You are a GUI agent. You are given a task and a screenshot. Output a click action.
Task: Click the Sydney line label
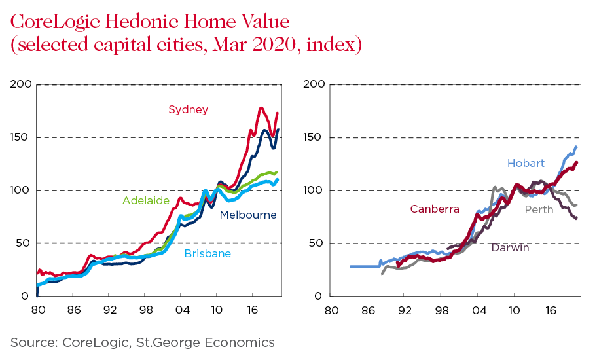189,109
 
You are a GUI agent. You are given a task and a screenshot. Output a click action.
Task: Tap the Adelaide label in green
146,200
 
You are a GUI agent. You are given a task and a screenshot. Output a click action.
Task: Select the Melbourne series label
248,215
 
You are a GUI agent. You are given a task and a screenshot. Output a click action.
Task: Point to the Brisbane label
208,253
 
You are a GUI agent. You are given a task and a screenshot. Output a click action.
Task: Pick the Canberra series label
435,209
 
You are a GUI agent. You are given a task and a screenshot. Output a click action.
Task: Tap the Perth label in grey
539,209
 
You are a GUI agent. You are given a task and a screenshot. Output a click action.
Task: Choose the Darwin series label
510,248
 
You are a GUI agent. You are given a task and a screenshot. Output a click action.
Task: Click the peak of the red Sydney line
261,108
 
